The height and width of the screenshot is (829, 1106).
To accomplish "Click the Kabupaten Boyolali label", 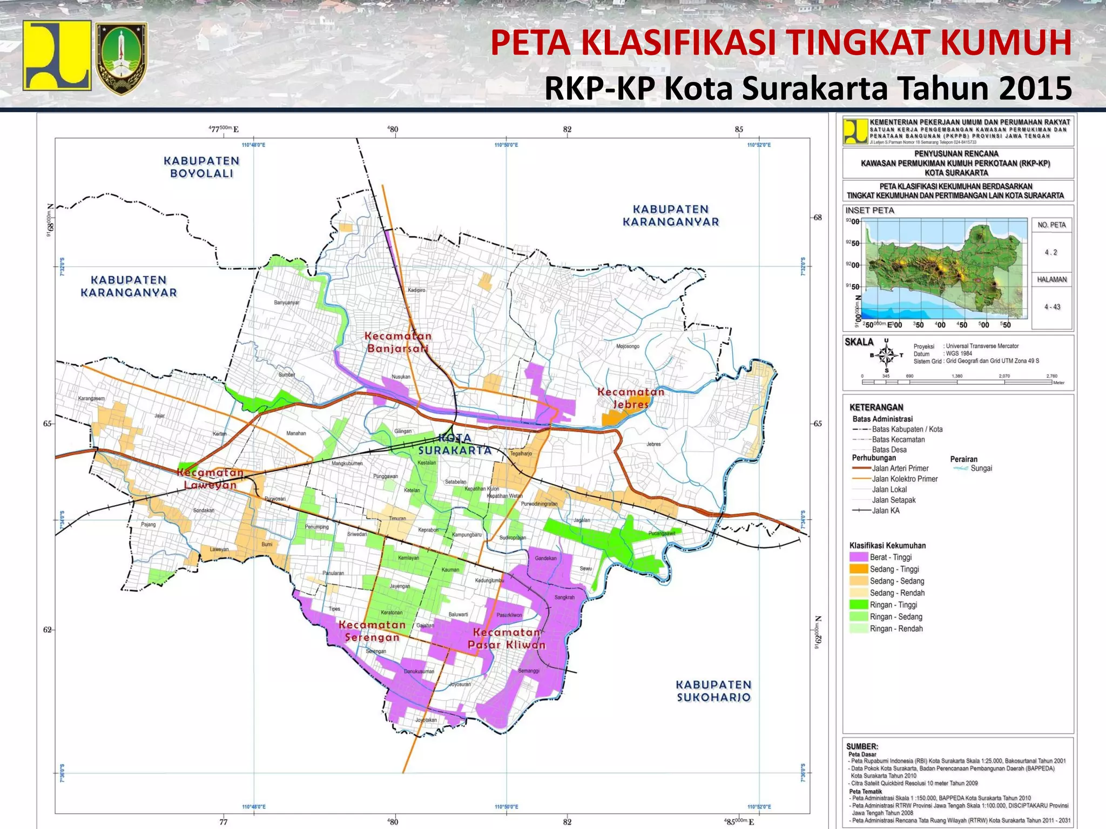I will pos(201,167).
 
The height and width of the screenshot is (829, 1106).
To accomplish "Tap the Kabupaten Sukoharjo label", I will pos(713,691).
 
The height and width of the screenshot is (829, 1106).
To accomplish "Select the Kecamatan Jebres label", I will pos(630,398).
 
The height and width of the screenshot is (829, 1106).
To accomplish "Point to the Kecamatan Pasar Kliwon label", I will pos(506,638).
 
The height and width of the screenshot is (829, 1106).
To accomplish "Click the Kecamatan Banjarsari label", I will pos(398,342).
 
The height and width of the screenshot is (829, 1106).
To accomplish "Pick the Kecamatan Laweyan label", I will pos(211,478).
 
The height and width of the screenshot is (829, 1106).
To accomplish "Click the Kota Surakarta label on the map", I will pos(455,444).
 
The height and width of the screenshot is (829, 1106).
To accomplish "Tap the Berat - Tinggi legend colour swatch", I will pos(858,557).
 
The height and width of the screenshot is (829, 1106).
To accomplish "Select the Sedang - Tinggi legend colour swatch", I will pos(858,569).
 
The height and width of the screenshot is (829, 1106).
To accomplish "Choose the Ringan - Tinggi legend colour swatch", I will pos(858,604).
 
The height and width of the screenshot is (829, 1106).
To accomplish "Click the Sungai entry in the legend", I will pos(981,468).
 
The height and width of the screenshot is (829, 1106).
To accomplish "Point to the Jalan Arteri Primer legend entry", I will pos(900,468).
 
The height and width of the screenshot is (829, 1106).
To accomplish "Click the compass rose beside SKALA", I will pos(886,355).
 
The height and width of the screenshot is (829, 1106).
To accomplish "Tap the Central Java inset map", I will pos(945,269).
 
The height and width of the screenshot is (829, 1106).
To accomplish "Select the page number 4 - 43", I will pos(1052,307).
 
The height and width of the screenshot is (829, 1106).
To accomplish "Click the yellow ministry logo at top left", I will pos(57,55).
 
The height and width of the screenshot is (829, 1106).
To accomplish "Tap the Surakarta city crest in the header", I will pos(122,58).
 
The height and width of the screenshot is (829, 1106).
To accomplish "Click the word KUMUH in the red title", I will pos(1005,43).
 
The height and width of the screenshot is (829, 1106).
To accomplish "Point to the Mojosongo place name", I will pos(628,346).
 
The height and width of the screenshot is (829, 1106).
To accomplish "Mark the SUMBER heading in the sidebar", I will pos(862,746).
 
